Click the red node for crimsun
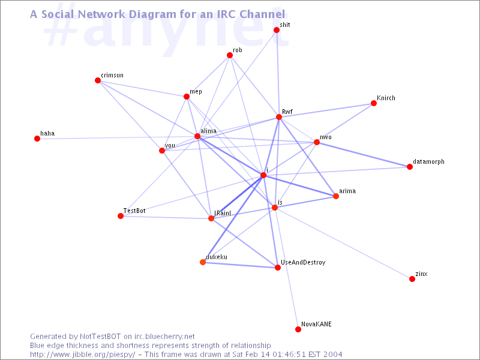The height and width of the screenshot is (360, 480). point(98,80)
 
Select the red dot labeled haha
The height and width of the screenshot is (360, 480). point(37,139)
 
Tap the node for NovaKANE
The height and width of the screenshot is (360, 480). point(298,329)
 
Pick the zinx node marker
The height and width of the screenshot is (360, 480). point(412,279)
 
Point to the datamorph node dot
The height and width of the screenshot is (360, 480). point(410,167)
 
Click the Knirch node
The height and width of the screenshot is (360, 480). point(374,103)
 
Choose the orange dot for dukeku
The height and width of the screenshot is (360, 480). point(203,262)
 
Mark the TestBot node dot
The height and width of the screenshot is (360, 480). point(121,216)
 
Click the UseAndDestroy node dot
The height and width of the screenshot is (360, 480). point(278,268)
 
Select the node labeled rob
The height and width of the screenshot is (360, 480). point(230,55)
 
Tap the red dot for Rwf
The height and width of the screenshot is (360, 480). point(279,117)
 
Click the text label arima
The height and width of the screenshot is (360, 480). point(347,191)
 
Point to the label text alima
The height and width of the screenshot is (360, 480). point(208,130)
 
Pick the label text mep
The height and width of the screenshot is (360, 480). point(196,91)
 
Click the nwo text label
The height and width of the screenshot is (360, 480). point(325,137)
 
